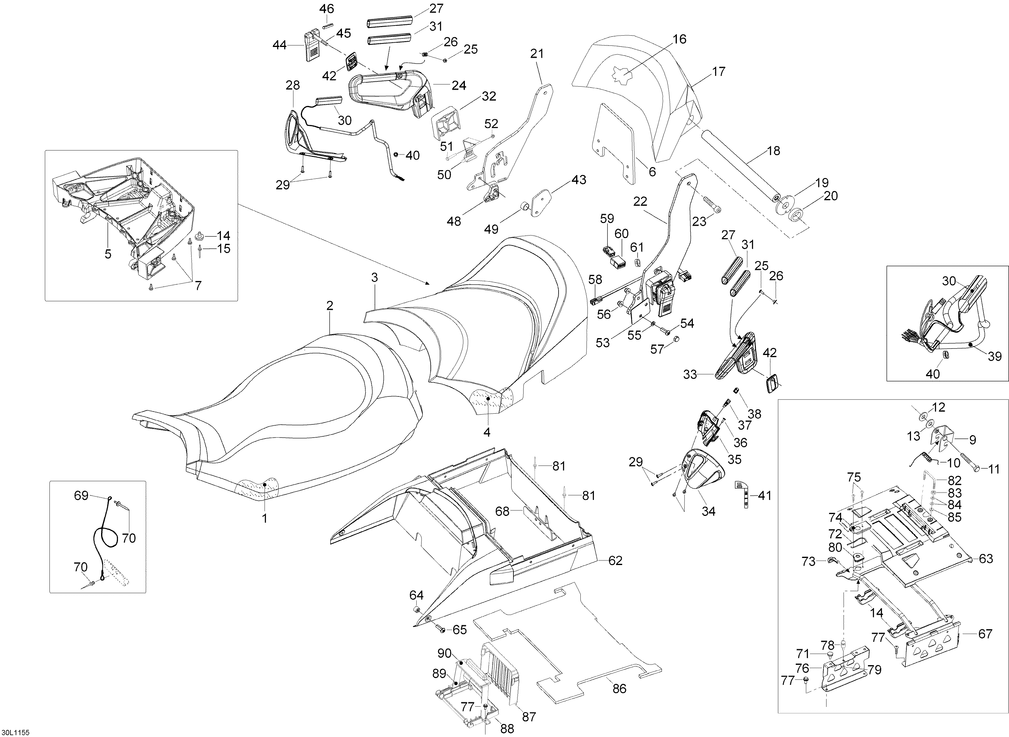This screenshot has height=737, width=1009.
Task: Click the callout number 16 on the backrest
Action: (679, 39)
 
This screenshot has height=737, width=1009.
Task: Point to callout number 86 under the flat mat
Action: (619, 688)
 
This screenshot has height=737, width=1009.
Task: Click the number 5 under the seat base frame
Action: (108, 254)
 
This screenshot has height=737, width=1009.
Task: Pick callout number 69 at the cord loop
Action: (81, 496)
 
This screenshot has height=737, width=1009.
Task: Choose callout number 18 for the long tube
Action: (773, 151)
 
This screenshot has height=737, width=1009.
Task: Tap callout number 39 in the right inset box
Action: (995, 357)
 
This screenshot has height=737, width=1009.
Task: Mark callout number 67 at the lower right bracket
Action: (985, 634)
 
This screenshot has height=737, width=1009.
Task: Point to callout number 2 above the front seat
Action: (330, 306)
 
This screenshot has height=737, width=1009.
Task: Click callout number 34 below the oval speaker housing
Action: (708, 511)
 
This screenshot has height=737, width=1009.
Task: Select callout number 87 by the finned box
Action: (529, 717)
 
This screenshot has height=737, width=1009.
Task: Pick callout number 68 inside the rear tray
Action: (502, 511)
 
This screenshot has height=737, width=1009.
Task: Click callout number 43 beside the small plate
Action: (579, 180)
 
